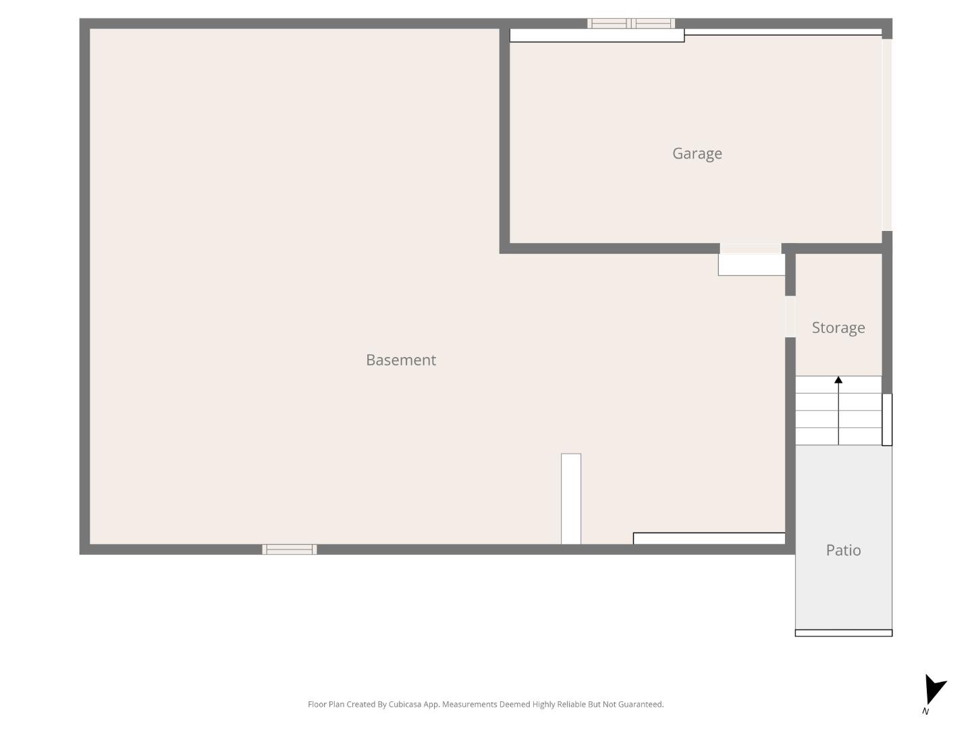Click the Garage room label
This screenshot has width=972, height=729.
click(x=697, y=154)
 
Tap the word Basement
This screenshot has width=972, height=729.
click(x=401, y=360)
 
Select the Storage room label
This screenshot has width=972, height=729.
click(x=838, y=328)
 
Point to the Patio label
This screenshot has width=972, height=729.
click(x=843, y=550)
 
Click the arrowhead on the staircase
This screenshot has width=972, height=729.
click(x=838, y=380)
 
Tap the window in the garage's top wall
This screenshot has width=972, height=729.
click(x=631, y=24)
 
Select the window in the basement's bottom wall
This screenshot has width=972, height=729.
click(x=289, y=549)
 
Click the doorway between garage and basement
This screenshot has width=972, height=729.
click(x=751, y=248)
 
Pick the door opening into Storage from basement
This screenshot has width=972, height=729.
click(x=790, y=317)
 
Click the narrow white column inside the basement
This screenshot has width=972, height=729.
click(x=571, y=498)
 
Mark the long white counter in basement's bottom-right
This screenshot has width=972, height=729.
click(x=709, y=538)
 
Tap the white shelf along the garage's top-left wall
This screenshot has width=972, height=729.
click(x=597, y=35)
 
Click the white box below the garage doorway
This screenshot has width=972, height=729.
click(x=751, y=265)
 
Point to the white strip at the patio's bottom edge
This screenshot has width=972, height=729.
click(x=843, y=633)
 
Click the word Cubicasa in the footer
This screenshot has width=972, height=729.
click(x=404, y=705)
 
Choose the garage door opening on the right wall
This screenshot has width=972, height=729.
click(x=887, y=135)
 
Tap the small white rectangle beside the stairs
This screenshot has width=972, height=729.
click(x=887, y=420)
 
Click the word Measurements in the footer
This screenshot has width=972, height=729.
click(x=469, y=705)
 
